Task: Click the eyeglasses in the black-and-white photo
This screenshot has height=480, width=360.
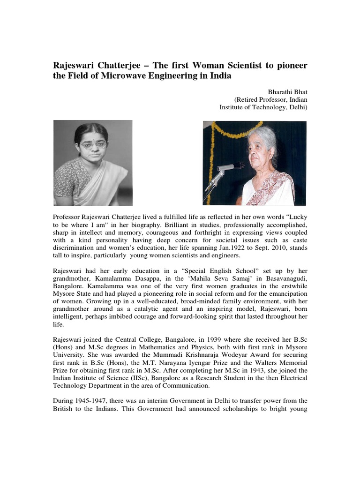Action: tap(93, 145)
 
